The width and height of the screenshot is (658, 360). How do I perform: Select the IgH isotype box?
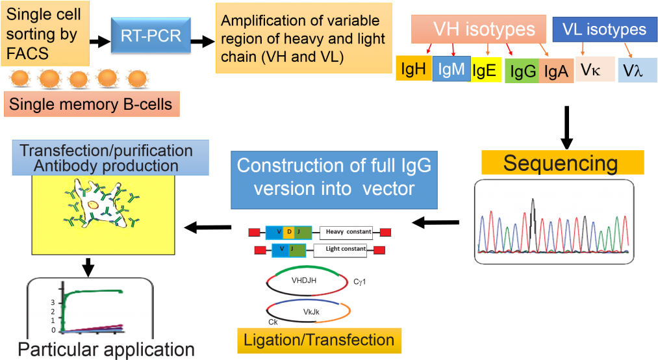414,68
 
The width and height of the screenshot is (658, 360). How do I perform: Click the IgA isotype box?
555,71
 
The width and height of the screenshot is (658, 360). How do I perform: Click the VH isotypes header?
484,29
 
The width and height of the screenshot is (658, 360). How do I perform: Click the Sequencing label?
563,162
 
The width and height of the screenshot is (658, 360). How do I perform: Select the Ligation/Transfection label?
319,341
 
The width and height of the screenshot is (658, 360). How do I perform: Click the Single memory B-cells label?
92,105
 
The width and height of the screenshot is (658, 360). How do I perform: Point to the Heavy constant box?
348,231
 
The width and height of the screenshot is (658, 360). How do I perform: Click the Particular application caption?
106,350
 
